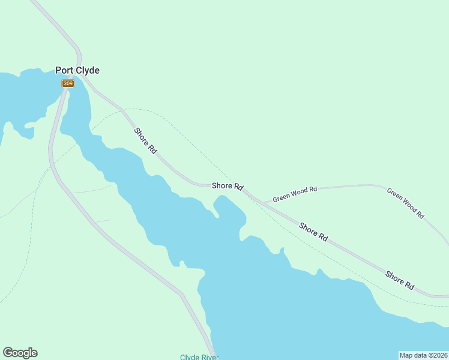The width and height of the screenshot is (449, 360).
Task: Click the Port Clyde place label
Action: [77, 70]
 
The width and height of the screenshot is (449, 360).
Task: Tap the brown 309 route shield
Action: [68, 83]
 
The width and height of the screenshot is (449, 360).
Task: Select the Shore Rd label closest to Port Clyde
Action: [145, 142]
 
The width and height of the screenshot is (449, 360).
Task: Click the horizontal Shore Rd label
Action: [227, 187]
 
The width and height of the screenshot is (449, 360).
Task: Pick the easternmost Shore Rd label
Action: [400, 281]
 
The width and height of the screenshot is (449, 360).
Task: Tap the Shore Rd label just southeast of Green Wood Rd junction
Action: [313, 232]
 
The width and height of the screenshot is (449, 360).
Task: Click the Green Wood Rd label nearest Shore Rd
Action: [295, 194]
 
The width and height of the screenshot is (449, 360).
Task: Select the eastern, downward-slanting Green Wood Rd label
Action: [406, 203]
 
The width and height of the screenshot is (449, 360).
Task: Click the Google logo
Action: [20, 353]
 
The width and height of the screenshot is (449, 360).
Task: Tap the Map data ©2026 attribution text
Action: [423, 355]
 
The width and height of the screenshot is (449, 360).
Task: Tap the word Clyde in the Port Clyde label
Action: [88, 70]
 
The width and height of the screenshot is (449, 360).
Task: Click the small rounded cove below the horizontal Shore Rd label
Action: [228, 207]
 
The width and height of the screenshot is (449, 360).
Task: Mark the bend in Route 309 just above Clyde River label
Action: [182, 295]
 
